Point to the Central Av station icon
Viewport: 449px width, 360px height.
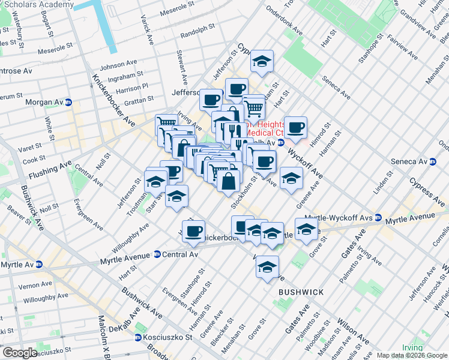157,254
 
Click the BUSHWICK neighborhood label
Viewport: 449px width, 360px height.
301,292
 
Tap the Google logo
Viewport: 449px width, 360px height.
20,352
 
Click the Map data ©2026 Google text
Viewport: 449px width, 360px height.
411,356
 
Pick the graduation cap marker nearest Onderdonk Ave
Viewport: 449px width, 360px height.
261,61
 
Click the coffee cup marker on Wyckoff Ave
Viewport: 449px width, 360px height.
296,127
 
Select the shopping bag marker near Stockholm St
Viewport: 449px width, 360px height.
228,181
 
